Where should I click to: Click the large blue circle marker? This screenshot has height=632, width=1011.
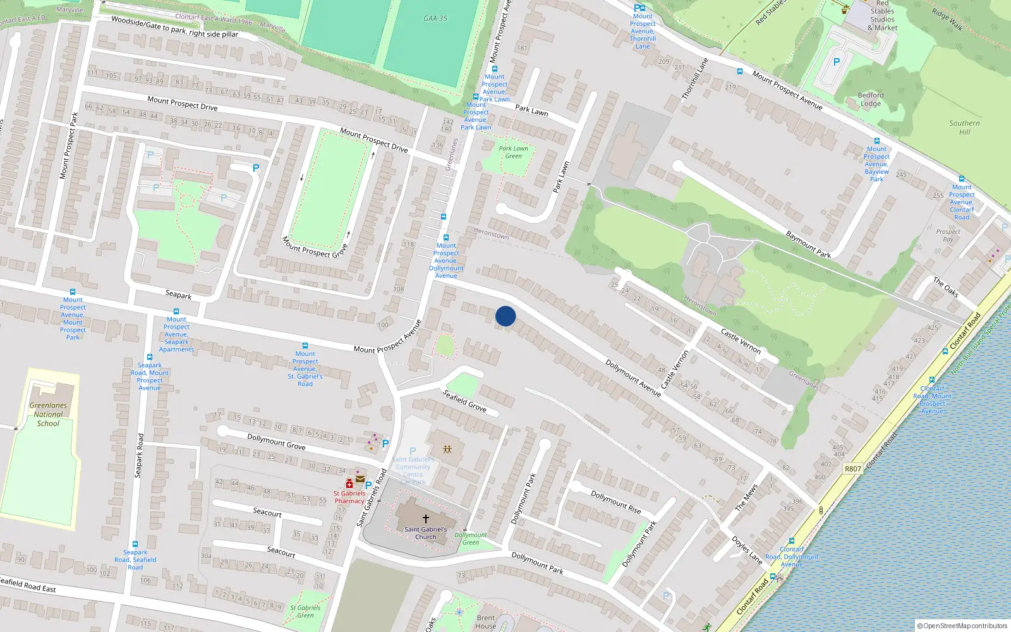[x=505, y=316]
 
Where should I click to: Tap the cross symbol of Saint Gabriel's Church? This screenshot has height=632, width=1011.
[x=426, y=519]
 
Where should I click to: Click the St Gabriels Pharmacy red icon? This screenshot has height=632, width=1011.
[x=349, y=483]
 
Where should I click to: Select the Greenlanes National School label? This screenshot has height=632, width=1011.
[x=48, y=415]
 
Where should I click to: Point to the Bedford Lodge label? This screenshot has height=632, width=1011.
[x=871, y=99]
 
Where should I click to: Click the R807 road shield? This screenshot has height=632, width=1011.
[x=853, y=468]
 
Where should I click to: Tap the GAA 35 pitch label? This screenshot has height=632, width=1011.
[x=435, y=18]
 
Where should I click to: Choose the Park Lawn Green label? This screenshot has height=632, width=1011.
[x=513, y=152]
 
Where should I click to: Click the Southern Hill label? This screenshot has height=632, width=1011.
[x=964, y=128]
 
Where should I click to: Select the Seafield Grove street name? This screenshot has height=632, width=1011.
[x=464, y=401]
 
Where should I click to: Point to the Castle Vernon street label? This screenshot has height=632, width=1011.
[x=741, y=341]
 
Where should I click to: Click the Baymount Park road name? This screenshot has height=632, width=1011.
[x=808, y=245]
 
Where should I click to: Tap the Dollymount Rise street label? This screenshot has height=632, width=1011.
[x=615, y=502]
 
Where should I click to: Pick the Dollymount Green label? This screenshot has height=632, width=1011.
[x=471, y=538]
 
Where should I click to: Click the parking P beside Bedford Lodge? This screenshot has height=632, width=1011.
[x=837, y=62]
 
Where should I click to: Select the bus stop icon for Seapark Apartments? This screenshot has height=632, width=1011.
[x=176, y=312]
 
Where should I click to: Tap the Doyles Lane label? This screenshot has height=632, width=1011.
[x=747, y=550]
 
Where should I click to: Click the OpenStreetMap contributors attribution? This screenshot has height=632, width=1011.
[x=962, y=626]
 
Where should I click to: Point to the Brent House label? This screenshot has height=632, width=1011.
[x=486, y=622]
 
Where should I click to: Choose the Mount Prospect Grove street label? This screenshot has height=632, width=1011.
[x=315, y=247]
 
